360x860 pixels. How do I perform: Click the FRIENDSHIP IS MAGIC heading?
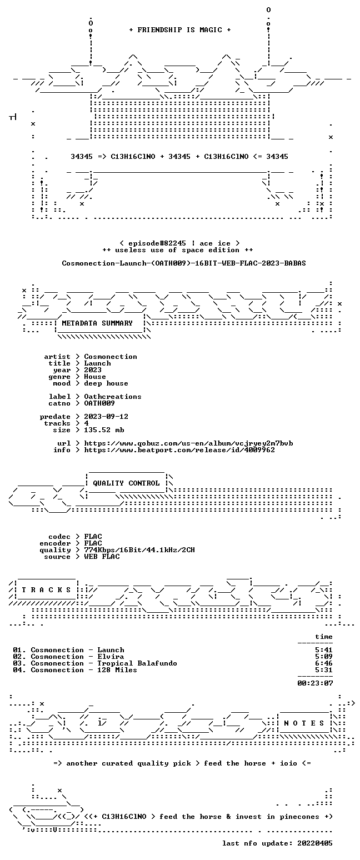point(180,30)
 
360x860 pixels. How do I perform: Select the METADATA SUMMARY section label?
point(97,323)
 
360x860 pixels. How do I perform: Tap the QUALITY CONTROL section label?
point(126,483)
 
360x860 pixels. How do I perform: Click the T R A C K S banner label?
point(47,589)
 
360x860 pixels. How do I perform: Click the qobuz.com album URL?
point(188,443)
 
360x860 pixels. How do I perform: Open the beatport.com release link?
point(179,450)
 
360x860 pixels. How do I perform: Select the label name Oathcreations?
point(113,397)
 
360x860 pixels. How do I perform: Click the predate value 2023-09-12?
point(106,417)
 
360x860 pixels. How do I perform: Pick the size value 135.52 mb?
point(104,430)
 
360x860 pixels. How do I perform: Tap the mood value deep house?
point(106,383)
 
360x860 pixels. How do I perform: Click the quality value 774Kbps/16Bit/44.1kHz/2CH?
point(139,550)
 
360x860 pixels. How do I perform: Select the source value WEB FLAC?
point(102,556)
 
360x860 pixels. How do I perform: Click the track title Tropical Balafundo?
point(137,663)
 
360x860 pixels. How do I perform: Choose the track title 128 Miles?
point(117,670)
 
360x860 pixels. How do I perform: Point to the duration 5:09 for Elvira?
point(324,657)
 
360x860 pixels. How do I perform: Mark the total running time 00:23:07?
point(315,683)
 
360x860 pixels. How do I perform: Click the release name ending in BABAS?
point(184,263)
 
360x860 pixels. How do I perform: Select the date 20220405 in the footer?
point(314,843)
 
